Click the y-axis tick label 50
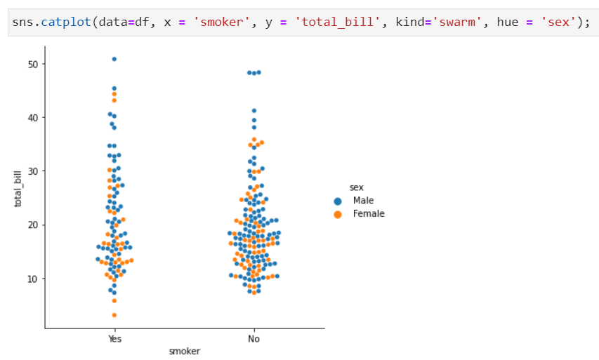[x=32, y=64]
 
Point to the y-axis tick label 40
[x=32, y=117]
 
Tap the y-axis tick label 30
[x=32, y=171]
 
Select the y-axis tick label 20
[x=32, y=225]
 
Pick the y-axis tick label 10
[x=32, y=279]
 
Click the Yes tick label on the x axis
[x=114, y=338]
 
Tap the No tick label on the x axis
[x=254, y=338]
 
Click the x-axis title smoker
[x=184, y=351]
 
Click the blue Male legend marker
[x=338, y=201]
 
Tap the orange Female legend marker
[x=338, y=214]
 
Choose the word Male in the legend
[x=363, y=201]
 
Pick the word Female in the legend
[x=369, y=214]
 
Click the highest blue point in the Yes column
[x=114, y=59]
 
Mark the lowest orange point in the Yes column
[x=114, y=315]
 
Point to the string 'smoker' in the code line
[x=222, y=22]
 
